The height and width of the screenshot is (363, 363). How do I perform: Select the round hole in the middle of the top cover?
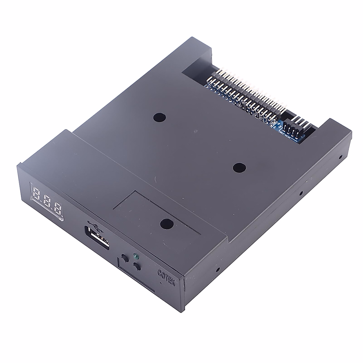(x=240, y=167)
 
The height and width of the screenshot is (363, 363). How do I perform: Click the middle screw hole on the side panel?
(x=301, y=192)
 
